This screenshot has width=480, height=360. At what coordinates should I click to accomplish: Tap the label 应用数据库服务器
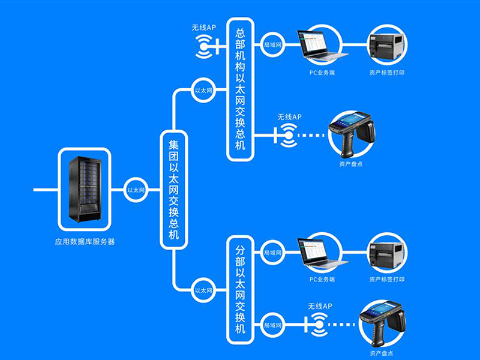pos(85,242)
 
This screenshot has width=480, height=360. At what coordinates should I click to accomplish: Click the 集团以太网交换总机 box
pos(174,190)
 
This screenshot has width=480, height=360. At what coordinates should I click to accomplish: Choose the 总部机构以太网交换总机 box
pos(240,89)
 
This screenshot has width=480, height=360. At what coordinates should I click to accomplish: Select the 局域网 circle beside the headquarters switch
pos(272,45)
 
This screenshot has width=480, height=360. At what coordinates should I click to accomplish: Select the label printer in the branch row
pos(386,253)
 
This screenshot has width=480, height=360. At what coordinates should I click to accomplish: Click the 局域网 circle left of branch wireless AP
pos(272,325)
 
